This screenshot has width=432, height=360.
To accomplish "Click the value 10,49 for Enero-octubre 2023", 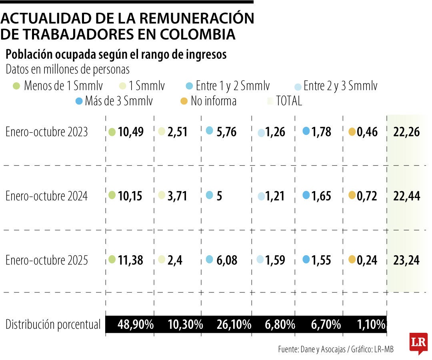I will click(x=131, y=132).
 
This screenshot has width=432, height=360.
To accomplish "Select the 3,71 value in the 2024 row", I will click(x=177, y=196).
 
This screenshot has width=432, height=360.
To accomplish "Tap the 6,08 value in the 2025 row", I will click(x=226, y=260).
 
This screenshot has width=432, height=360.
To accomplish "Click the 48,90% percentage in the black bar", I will click(x=136, y=324).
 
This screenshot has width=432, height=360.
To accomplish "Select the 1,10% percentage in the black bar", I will click(x=370, y=324).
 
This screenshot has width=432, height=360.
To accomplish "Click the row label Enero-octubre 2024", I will click(x=46, y=196).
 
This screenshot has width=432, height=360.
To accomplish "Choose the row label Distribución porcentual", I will click(x=53, y=324).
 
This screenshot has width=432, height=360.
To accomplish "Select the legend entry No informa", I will click(x=213, y=101).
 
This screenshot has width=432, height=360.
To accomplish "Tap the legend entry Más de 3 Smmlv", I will click(x=118, y=101).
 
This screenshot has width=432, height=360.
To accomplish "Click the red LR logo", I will click(x=418, y=342).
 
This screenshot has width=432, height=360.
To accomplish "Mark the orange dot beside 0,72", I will click(x=352, y=195).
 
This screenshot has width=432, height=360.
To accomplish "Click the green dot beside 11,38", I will click(x=112, y=259).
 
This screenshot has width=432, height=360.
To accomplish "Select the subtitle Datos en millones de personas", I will click(x=68, y=69).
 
